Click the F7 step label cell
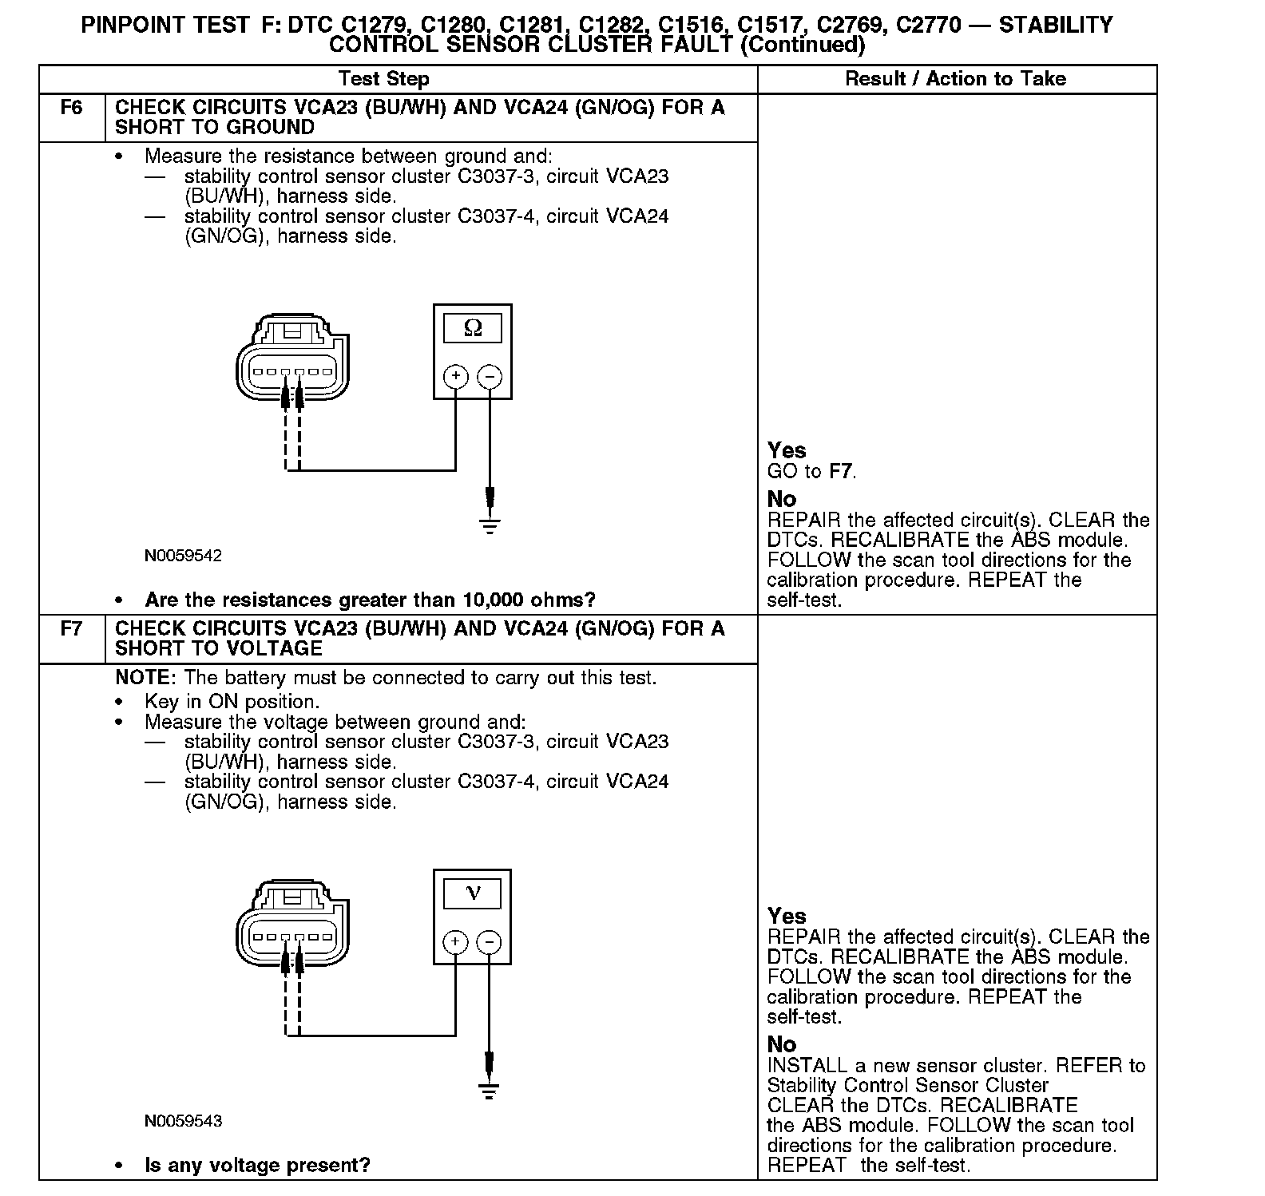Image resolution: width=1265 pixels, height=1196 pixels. pyautogui.click(x=71, y=629)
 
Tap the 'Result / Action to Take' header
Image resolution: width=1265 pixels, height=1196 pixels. pyautogui.click(x=955, y=79)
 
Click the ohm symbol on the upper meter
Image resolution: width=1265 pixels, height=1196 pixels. pyautogui.click(x=473, y=328)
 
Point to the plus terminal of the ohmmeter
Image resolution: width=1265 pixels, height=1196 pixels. pyautogui.click(x=455, y=376)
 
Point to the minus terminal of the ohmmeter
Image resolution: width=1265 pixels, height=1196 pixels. pyautogui.click(x=490, y=376)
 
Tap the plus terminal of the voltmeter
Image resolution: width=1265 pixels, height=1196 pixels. pyautogui.click(x=455, y=941)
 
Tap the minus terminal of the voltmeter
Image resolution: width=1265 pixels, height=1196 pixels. pyautogui.click(x=490, y=941)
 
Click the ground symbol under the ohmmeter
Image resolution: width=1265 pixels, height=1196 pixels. pyautogui.click(x=490, y=525)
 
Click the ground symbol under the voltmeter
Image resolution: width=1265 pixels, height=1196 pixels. pyautogui.click(x=490, y=1091)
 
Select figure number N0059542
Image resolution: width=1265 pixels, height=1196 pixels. pyautogui.click(x=183, y=556)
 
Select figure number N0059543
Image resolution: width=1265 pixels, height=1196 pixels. pyautogui.click(x=183, y=1121)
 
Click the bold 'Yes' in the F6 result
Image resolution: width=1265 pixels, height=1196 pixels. pyautogui.click(x=787, y=450)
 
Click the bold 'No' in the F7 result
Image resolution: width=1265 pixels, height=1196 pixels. pyautogui.click(x=781, y=1044)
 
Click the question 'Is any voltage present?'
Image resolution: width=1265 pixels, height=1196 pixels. pyautogui.click(x=257, y=1165)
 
